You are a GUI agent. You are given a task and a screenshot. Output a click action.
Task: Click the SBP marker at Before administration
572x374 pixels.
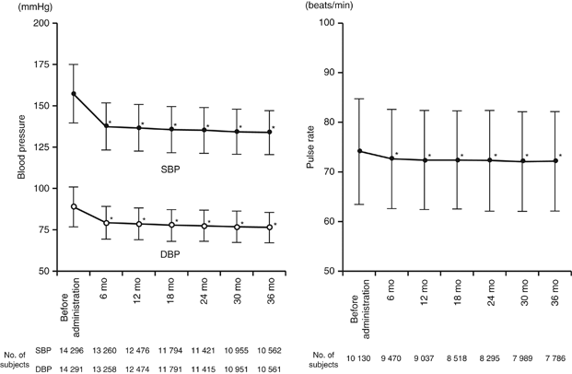pos(74,94)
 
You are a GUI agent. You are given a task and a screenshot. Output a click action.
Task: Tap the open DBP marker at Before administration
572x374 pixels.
pos(74,206)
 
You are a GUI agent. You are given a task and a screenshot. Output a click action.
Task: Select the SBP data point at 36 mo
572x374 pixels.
pos(268,132)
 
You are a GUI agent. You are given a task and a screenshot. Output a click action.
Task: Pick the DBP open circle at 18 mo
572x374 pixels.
pos(170,225)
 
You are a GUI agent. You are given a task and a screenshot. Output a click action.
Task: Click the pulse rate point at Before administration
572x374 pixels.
pos(359,151)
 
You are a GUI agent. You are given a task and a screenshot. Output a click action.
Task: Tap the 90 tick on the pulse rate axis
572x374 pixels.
pos(326,72)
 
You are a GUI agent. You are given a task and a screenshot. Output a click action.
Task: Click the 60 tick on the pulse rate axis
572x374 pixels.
pos(326,221)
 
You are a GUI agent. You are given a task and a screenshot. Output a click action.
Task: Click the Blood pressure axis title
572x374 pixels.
pos(11,146)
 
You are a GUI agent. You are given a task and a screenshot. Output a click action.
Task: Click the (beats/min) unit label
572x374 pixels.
pos(330,6)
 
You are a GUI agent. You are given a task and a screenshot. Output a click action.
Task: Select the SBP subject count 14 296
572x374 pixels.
pos(74,350)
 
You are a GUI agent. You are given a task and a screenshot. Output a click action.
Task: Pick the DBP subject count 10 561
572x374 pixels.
pos(268,367)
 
